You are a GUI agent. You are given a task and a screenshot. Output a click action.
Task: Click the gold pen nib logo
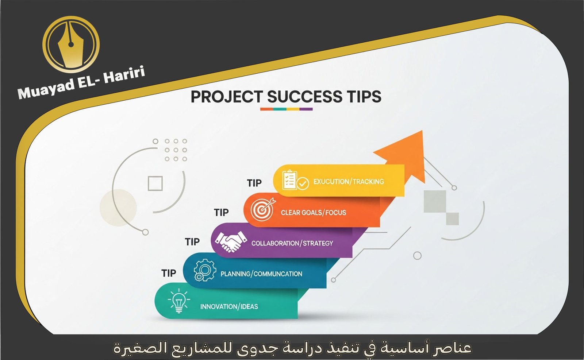[x=71, y=44]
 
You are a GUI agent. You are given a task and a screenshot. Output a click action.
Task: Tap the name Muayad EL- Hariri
[x=81, y=83]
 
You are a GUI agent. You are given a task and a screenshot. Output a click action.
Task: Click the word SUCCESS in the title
[x=304, y=97]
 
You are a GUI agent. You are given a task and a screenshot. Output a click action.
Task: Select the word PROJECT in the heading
[x=226, y=97]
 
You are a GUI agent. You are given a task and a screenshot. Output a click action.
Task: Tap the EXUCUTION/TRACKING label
[x=349, y=181]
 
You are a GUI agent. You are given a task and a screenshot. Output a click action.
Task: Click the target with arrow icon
[x=262, y=209]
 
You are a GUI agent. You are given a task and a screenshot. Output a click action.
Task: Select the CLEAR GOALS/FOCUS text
[x=313, y=212]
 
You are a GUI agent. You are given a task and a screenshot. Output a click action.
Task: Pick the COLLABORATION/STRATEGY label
[x=292, y=243]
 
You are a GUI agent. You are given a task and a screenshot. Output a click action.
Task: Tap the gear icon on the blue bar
[x=204, y=270]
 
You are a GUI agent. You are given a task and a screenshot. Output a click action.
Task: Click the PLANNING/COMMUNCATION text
[x=261, y=274]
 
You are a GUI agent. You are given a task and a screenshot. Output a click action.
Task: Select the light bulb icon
[x=178, y=301]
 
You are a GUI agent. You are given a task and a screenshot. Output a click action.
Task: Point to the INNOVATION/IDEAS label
[x=229, y=306]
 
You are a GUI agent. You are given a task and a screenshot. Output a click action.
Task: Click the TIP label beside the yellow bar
[x=254, y=183]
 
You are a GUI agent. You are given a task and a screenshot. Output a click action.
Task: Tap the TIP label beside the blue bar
[x=169, y=273]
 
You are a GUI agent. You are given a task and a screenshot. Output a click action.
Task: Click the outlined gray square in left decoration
[x=155, y=183]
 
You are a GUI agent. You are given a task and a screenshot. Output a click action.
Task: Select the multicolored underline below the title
[x=286, y=109]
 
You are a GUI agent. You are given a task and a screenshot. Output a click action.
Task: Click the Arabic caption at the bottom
[x=292, y=348]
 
